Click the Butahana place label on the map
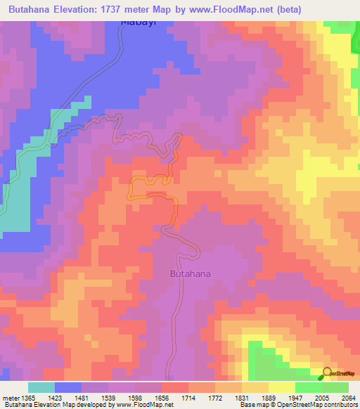pos(191,274)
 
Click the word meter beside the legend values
pos(10,398)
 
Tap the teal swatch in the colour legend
pos(41,387)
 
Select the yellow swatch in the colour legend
pos(282,387)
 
